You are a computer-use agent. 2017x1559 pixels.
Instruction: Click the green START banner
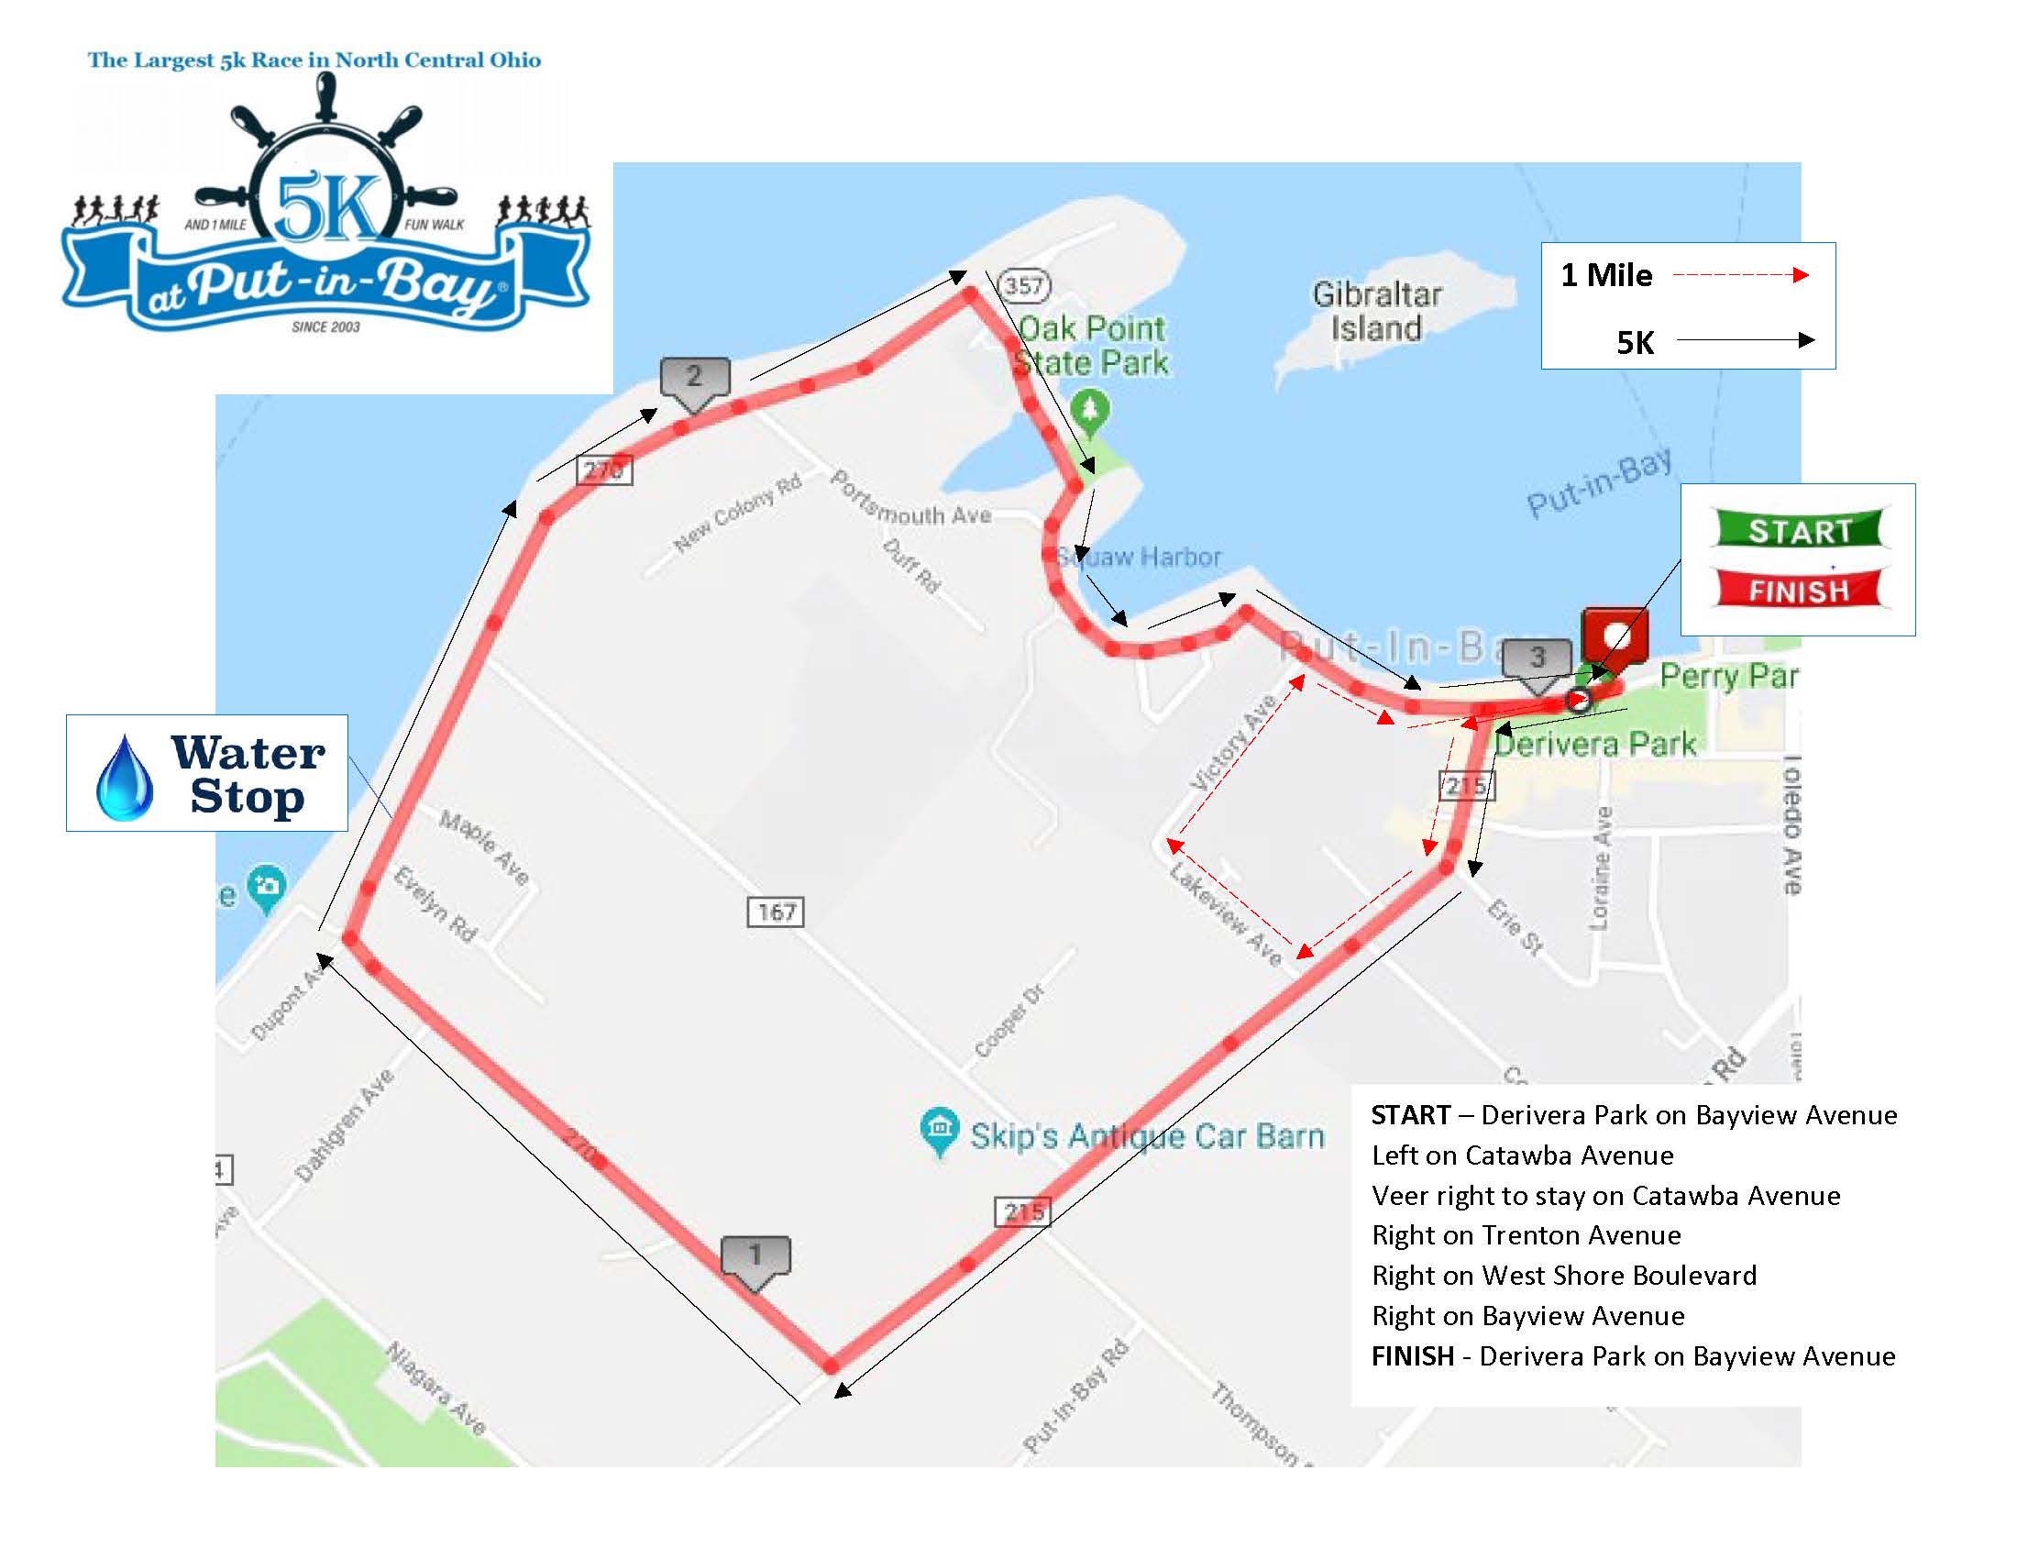pyautogui.click(x=1798, y=530)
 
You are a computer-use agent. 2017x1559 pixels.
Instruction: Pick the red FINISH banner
pyautogui.click(x=1798, y=590)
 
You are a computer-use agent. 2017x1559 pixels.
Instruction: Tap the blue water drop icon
pyautogui.click(x=125, y=778)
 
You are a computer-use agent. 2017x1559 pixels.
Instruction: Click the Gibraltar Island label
pyautogui.click(x=1376, y=311)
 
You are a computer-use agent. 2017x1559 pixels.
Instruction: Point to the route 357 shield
pyautogui.click(x=1024, y=285)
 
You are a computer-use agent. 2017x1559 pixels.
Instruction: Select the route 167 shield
pyautogui.click(x=776, y=912)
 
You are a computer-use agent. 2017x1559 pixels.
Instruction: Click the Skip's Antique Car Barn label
pyautogui.click(x=1146, y=1135)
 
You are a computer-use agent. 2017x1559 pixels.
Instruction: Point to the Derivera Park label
pyautogui.click(x=1594, y=744)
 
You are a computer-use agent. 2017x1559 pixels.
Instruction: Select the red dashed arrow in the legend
pyautogui.click(x=1740, y=275)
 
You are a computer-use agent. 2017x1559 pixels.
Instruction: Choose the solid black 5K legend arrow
pyautogui.click(x=1745, y=341)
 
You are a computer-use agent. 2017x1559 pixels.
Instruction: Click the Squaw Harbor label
pyautogui.click(x=1139, y=557)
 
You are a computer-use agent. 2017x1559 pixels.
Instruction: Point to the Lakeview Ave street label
pyautogui.click(x=1226, y=913)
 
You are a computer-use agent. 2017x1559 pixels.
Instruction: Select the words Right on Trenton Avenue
pyautogui.click(x=1527, y=1235)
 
